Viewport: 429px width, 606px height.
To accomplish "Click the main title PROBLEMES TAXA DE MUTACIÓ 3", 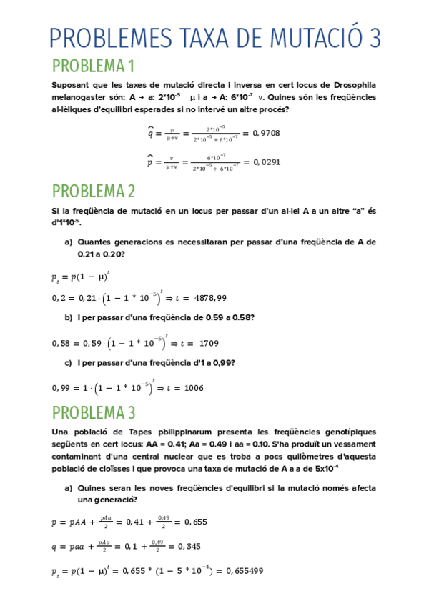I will tap(214, 37).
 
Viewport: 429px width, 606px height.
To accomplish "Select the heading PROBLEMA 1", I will tap(94, 66).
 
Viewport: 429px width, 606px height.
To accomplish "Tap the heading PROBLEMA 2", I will tap(94, 191).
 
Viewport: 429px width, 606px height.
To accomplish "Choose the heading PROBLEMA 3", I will tap(94, 412).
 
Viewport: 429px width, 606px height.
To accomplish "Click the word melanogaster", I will tap(81, 97).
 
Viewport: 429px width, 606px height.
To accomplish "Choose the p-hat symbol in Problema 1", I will tap(151, 162).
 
